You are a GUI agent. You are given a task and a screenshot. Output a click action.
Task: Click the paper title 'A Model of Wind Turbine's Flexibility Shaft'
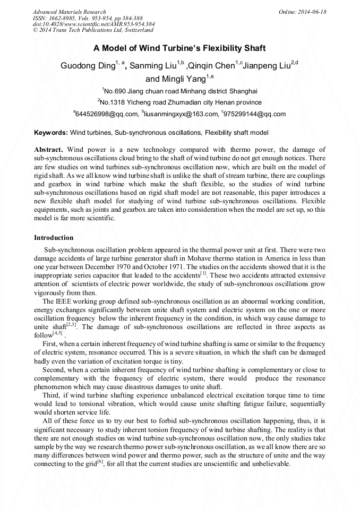tap(179, 48)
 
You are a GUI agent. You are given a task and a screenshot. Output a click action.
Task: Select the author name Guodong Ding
tap(87, 66)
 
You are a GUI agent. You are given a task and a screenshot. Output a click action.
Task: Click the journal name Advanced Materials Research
tap(69, 12)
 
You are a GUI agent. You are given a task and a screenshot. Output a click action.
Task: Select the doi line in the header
tap(93, 24)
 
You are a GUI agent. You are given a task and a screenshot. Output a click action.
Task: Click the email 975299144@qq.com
tap(255, 114)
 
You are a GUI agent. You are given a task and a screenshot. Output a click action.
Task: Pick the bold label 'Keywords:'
tap(51, 132)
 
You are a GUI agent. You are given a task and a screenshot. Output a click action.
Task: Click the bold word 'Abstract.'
tap(49, 150)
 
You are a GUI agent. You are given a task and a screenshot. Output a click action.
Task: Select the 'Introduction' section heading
tap(54, 237)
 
